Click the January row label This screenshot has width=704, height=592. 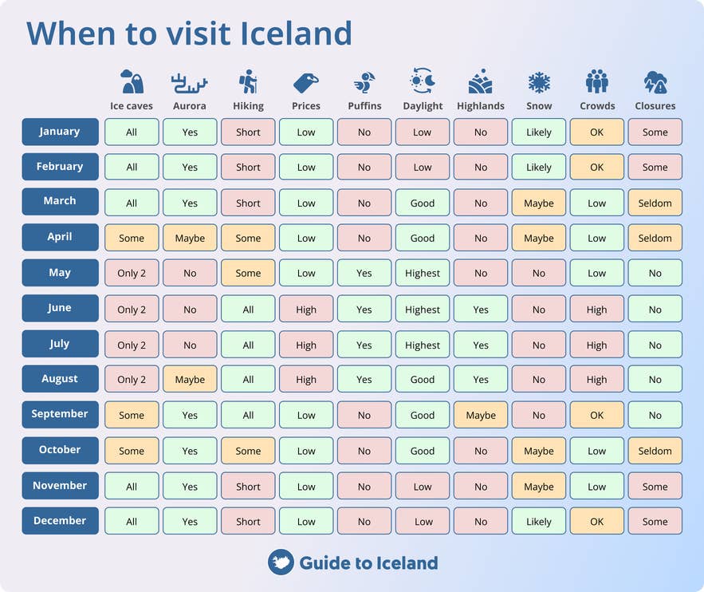click(60, 132)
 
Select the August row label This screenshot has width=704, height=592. click(60, 379)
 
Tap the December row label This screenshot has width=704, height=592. click(60, 521)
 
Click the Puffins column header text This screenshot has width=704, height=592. click(364, 106)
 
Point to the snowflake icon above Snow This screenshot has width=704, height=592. click(539, 82)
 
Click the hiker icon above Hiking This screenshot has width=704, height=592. click(248, 82)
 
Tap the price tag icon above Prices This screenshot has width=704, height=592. click(306, 82)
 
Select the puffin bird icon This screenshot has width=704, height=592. click(364, 82)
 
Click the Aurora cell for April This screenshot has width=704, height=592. click(190, 238)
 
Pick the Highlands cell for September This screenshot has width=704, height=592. click(481, 415)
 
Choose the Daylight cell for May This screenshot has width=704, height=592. click(423, 273)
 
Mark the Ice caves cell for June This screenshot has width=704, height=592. click(132, 309)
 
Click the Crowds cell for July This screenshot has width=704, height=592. click(597, 345)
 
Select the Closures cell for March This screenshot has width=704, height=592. click(655, 203)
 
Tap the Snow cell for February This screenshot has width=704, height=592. click(539, 167)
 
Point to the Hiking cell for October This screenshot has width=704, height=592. click(248, 451)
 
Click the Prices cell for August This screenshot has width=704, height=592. click(306, 380)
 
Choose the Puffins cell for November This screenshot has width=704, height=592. click(364, 486)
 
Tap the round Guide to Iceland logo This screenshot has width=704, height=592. click(281, 562)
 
